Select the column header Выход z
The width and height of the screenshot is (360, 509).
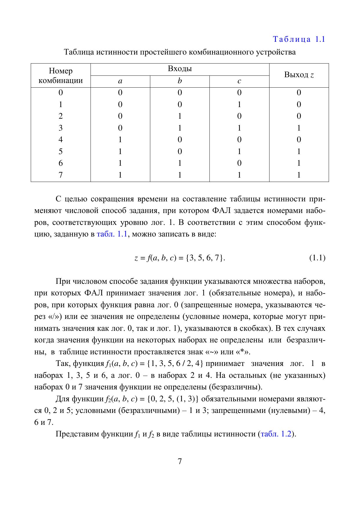click(x=299, y=75)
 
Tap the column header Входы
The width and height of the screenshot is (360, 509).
click(x=180, y=69)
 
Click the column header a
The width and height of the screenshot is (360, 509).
click(x=120, y=82)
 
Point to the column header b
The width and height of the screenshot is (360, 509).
click(x=180, y=81)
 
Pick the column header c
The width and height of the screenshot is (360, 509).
click(x=239, y=82)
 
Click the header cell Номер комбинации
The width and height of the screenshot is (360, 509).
click(x=61, y=75)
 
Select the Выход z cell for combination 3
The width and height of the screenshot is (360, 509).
click(x=299, y=128)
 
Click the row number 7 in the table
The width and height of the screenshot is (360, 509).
click(x=61, y=175)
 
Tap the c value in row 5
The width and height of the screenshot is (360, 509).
click(x=239, y=151)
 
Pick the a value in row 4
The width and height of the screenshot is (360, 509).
click(x=120, y=140)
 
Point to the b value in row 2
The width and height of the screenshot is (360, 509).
click(x=180, y=116)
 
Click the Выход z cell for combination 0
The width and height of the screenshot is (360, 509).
click(x=299, y=93)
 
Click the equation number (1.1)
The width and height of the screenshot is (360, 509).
click(x=317, y=258)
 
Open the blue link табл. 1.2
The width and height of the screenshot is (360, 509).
click(x=276, y=434)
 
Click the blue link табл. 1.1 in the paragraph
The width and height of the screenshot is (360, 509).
click(x=112, y=234)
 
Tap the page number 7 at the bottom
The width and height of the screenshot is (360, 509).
click(x=180, y=461)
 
